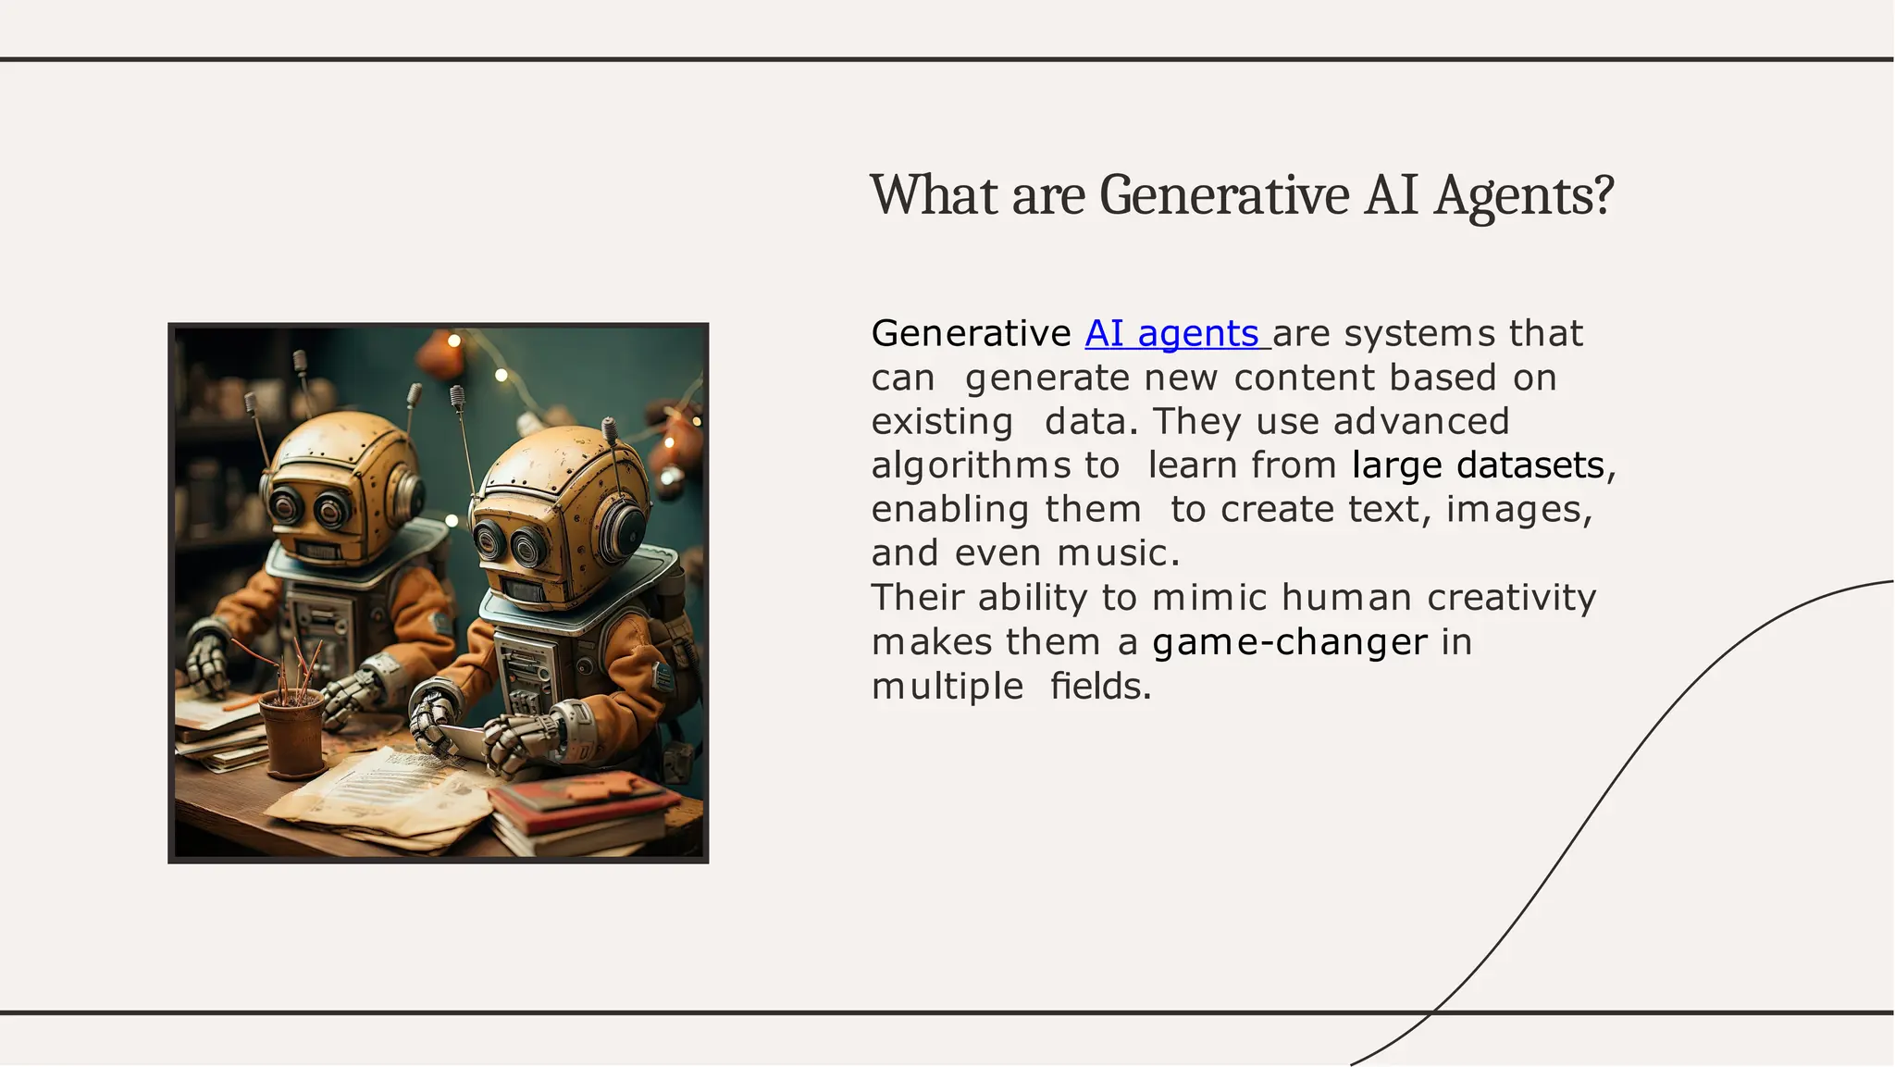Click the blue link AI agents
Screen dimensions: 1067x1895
tap(1171, 334)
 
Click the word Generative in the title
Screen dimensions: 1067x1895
tap(1224, 196)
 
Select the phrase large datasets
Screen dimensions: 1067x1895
tap(1478, 465)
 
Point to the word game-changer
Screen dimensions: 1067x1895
tap(1289, 642)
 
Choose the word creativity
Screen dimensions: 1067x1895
tap(1511, 598)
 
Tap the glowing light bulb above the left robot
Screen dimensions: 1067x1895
tap(454, 341)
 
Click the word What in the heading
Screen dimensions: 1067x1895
tap(934, 196)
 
